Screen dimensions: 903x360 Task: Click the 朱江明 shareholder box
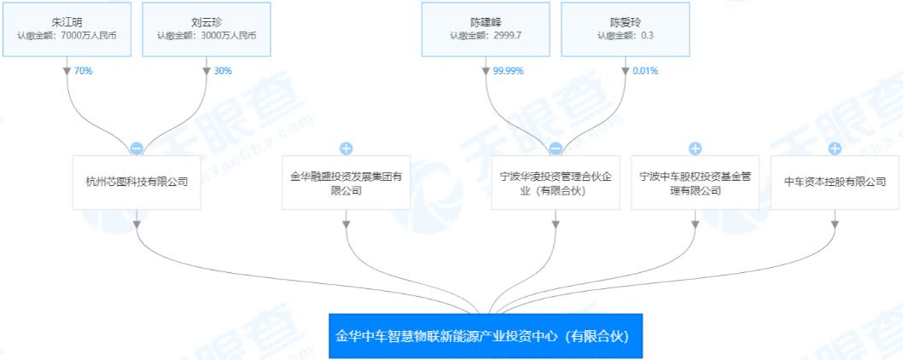pos(67,29)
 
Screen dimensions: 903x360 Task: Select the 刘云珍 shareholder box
pos(207,29)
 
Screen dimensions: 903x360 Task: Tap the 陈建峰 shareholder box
pos(486,29)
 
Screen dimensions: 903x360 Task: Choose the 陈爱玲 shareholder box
pos(625,29)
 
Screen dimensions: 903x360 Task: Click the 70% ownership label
pos(83,72)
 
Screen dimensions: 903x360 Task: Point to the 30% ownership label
pos(222,72)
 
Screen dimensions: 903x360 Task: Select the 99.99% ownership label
pos(508,72)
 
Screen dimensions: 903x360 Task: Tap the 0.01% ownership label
pos(645,72)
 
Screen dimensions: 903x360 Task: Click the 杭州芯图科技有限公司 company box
pos(137,182)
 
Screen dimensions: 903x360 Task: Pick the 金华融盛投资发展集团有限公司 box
pos(347,182)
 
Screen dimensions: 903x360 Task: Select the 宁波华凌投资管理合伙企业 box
pos(556,182)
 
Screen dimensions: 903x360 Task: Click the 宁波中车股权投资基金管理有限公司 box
pos(695,182)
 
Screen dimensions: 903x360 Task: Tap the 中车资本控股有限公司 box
pos(835,182)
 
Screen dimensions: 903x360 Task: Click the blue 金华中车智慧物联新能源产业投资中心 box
pos(486,336)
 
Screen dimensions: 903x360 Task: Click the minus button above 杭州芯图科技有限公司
pos(137,148)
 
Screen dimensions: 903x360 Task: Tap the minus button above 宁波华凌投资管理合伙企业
pos(556,148)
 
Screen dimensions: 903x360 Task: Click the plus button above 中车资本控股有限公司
pos(835,148)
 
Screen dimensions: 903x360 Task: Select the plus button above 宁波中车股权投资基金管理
pos(695,148)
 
